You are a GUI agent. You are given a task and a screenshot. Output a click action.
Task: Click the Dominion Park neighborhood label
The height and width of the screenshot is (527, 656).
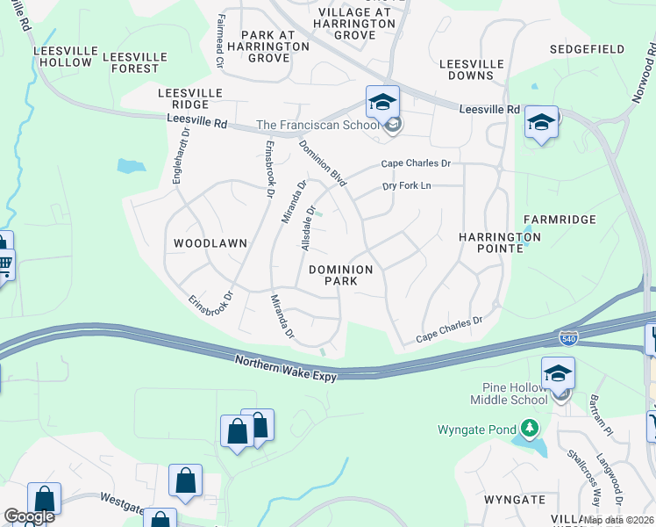click(x=341, y=275)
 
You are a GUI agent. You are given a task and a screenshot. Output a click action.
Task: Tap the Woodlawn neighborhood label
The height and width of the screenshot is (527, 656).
click(x=210, y=242)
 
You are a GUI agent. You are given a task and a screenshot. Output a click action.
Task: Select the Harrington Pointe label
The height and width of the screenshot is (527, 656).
click(x=500, y=243)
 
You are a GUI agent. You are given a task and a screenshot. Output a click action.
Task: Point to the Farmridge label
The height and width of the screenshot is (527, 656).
click(x=560, y=220)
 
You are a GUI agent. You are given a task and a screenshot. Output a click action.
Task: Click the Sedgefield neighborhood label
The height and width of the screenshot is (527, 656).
click(x=588, y=49)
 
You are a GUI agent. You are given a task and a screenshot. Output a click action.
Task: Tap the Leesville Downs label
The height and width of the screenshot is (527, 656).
click(x=472, y=70)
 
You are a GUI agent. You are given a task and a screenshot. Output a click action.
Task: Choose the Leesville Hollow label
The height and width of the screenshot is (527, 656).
click(x=62, y=56)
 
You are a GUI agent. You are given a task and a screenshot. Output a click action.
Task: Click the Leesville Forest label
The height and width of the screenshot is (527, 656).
click(x=131, y=62)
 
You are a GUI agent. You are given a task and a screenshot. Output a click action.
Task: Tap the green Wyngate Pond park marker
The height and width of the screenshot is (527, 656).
click(x=529, y=429)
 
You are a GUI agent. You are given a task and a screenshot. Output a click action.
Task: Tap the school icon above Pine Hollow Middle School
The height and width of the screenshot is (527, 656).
click(x=558, y=374)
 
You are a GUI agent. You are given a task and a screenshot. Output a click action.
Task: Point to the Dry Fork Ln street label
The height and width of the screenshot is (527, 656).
click(x=407, y=186)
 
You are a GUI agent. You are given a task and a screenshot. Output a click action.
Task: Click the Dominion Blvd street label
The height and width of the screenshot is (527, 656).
click(x=324, y=163)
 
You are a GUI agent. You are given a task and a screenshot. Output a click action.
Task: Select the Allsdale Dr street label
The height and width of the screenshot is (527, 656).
click(x=308, y=228)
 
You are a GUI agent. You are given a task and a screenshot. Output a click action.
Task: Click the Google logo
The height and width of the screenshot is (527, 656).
click(x=29, y=516)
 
